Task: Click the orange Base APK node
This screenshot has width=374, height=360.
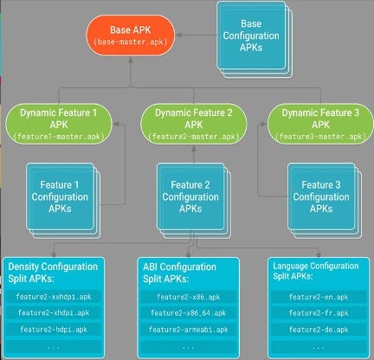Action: coord(131,35)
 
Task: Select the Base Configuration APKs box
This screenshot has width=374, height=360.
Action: coord(255,39)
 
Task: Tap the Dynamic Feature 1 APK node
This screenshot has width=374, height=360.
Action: coord(59,124)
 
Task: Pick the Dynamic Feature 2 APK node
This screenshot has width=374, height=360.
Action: coord(194,124)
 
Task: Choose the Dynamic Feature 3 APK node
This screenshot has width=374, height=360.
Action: coord(320,124)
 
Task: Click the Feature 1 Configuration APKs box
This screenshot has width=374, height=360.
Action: coord(63,201)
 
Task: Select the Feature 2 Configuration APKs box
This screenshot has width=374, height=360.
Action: coord(194,201)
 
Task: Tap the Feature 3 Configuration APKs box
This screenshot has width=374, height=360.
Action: coord(325,201)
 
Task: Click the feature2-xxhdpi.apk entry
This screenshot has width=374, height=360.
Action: coord(54,297)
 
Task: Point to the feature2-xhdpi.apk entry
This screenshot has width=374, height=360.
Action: coord(54,313)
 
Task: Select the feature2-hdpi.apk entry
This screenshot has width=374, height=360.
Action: coord(54,330)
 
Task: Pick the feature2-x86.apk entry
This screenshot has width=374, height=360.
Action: coord(188,297)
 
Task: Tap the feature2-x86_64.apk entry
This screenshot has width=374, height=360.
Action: coord(188,313)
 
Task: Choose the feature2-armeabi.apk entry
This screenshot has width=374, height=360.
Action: coord(188,330)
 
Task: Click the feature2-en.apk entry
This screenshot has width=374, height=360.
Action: coord(319,297)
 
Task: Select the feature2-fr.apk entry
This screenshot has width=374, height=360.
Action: coord(319,313)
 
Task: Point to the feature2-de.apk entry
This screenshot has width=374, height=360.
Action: coord(319,330)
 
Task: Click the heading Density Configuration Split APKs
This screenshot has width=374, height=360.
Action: coord(53,273)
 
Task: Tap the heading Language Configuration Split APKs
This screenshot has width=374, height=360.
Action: coord(316,271)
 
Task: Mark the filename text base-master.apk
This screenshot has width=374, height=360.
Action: coord(131,42)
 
